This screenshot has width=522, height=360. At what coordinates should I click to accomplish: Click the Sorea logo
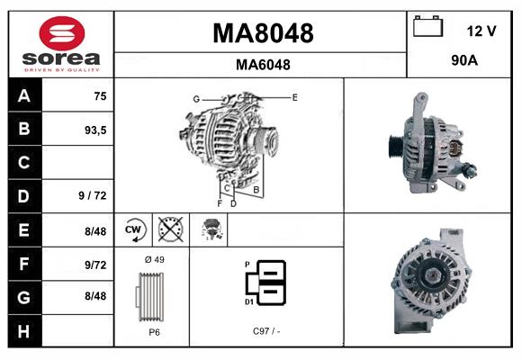[x=61, y=43]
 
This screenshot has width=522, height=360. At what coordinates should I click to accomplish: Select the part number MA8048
[x=262, y=33]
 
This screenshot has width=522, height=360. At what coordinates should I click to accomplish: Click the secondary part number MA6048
[x=262, y=65]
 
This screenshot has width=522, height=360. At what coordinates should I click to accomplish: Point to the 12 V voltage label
[x=481, y=31]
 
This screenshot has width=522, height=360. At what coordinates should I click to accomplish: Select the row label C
[x=23, y=163]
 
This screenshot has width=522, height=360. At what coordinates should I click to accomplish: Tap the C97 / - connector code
[x=266, y=331]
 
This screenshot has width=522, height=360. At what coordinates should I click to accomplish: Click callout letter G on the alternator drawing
[x=195, y=98]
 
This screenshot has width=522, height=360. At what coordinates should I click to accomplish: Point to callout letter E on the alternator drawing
[x=294, y=96]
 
